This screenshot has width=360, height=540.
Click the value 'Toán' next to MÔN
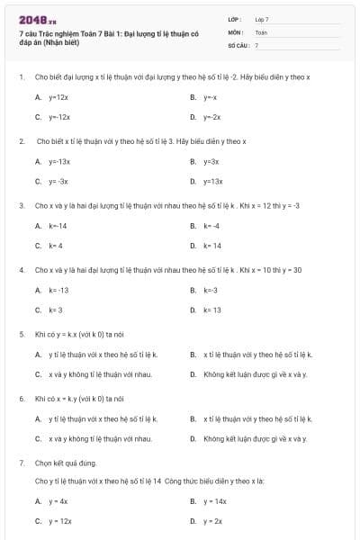click(x=261, y=31)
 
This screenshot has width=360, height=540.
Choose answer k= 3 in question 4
click(x=56, y=310)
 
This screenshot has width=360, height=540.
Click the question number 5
click(x=22, y=334)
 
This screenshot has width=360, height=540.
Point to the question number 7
click(x=22, y=463)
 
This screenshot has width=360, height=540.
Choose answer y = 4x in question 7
click(x=58, y=501)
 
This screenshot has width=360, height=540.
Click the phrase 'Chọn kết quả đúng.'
click(x=65, y=463)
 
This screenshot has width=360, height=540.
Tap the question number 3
click(x=22, y=205)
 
